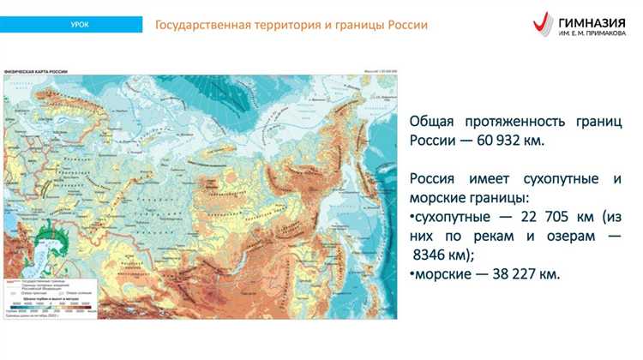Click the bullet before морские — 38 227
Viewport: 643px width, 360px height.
(412, 274)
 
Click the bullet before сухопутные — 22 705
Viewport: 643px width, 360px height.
(412, 217)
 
